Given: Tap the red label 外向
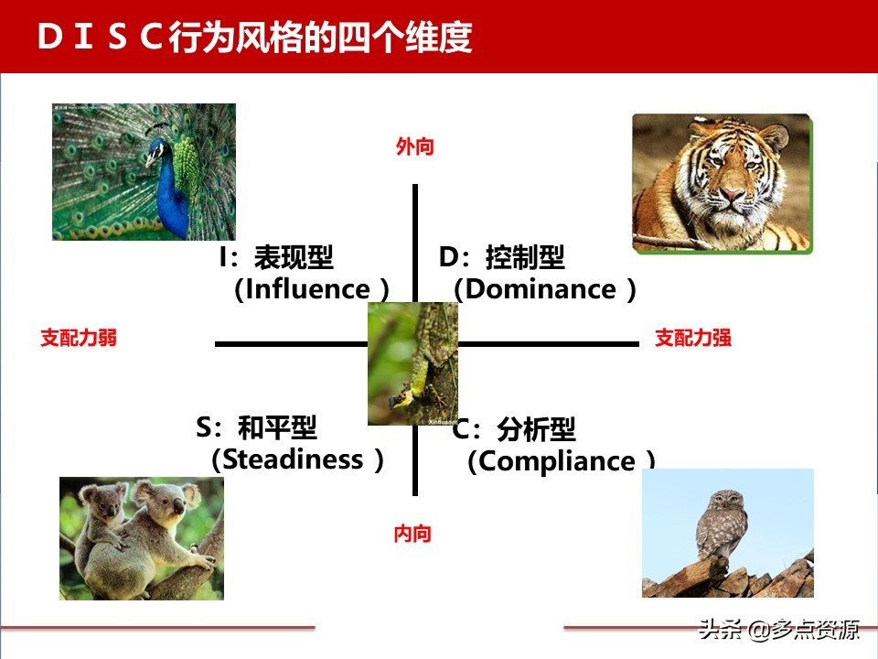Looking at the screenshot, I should tap(414, 146).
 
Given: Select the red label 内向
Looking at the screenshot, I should tap(412, 534).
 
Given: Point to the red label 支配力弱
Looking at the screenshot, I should tap(79, 338).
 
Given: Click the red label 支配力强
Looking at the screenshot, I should tap(693, 338).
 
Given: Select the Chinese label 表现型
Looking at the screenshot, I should tap(294, 258).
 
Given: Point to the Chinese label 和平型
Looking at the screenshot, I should tap(277, 427).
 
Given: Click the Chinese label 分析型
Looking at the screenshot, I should tap(536, 429).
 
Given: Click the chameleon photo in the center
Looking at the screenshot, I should tap(412, 363).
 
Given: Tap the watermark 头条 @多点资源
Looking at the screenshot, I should tap(779, 630).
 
